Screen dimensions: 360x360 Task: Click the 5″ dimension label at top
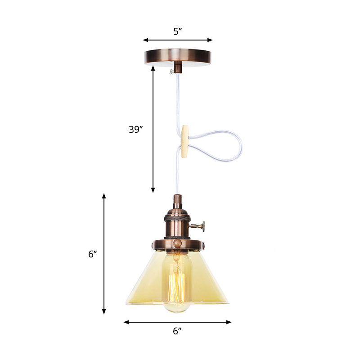coord(177,31)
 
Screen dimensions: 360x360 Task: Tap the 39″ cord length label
coord(135,130)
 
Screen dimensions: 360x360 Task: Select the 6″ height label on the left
coord(93,254)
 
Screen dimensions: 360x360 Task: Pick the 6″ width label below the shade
coord(177,331)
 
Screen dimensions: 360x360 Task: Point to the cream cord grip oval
coord(184,142)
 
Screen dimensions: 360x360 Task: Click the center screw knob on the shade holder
coord(177,243)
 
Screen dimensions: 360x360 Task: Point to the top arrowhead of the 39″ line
coord(153,68)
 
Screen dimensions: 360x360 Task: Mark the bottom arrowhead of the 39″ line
coord(153,190)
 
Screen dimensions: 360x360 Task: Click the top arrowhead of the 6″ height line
coord(104,196)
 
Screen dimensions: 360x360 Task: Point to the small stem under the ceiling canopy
coord(178,68)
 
